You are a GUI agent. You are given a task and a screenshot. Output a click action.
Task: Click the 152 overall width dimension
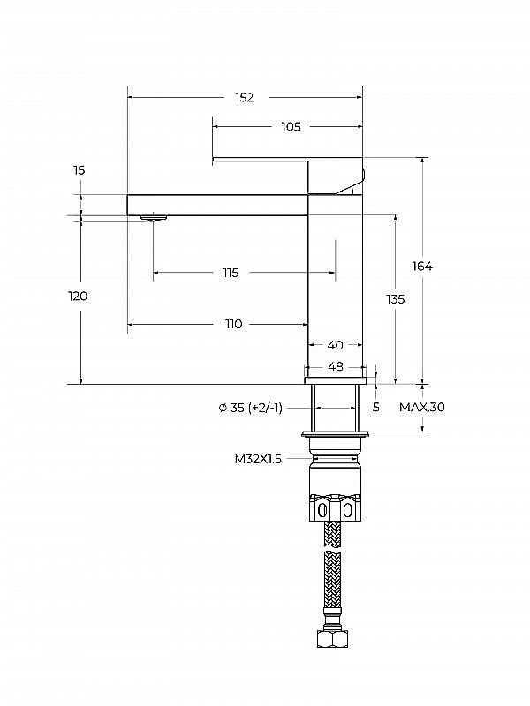(x=245, y=97)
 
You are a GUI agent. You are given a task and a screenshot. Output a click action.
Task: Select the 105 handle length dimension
(x=291, y=126)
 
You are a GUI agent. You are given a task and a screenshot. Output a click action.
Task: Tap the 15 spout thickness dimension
(x=79, y=170)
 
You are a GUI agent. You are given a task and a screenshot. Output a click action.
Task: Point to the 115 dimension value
(x=231, y=273)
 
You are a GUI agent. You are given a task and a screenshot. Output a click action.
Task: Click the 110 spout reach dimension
(x=233, y=324)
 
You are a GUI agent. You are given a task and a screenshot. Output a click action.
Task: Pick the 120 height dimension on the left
(x=78, y=297)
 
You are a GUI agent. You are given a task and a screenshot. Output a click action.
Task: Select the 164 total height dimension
(x=422, y=267)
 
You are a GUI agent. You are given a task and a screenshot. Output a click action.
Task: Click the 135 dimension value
(x=395, y=299)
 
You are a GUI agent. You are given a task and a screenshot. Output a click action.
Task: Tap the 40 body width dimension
(x=335, y=345)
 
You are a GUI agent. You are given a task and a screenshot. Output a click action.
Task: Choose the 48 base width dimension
(x=335, y=366)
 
